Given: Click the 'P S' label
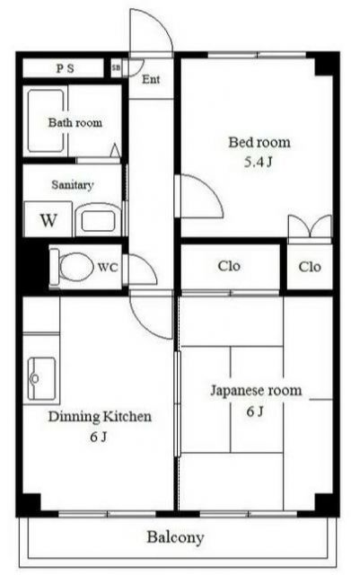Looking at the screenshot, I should (66, 68).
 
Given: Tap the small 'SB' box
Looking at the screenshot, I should (117, 68).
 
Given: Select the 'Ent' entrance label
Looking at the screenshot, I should (152, 79).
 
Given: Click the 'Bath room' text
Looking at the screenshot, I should (75, 122).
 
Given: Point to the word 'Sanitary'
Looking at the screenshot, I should (73, 185).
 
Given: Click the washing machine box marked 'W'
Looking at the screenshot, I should (48, 219).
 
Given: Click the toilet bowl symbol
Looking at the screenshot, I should (73, 266).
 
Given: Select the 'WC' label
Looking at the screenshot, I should (108, 267).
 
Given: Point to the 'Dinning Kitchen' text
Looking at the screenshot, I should (99, 417).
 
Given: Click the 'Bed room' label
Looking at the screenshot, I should (259, 142).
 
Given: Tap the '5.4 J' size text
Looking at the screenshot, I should (259, 164).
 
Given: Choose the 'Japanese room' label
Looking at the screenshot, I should (256, 391).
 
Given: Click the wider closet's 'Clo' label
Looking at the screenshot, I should (229, 267).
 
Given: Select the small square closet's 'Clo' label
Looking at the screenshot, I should (310, 267).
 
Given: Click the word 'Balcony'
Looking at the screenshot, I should (176, 537).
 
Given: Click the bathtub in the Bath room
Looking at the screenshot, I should (45, 122).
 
